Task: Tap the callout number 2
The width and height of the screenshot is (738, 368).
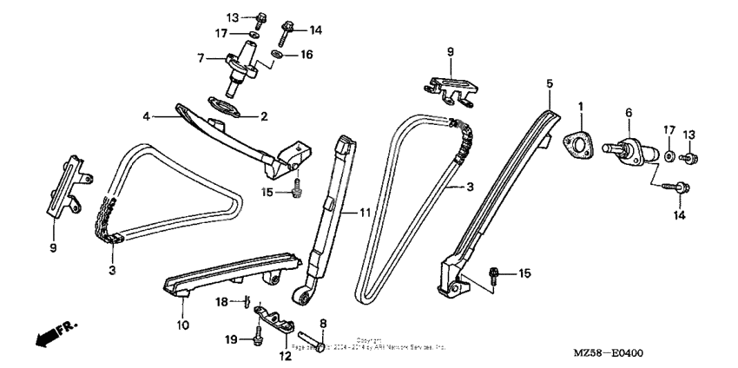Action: click(x=264, y=115)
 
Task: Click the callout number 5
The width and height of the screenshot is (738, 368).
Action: click(x=549, y=83)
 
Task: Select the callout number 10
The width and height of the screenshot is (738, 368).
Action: click(x=182, y=325)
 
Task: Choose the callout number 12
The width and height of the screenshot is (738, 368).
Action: click(x=285, y=356)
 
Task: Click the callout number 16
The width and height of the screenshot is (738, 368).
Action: click(x=306, y=54)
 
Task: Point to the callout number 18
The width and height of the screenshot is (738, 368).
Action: click(x=221, y=301)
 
